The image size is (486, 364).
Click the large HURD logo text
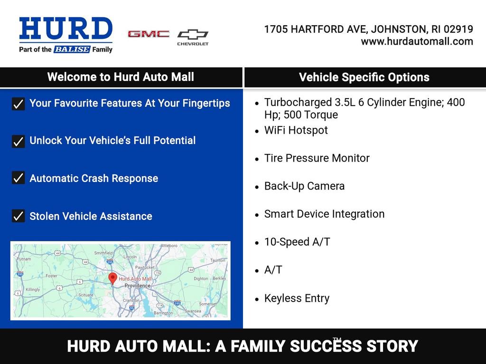click(65, 29)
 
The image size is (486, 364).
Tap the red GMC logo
click(149, 34)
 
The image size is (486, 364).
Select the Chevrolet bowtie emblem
click(193, 35)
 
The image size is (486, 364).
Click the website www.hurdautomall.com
click(417, 41)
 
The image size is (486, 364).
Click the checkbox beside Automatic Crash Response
click(18, 178)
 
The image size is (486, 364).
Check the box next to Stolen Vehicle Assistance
click(18, 216)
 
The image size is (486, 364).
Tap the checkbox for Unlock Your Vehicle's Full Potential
click(18, 141)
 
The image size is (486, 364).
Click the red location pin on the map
click(112, 278)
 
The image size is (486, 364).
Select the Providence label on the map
click(137, 286)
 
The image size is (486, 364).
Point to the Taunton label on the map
click(217, 260)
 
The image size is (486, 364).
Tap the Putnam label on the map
click(24, 259)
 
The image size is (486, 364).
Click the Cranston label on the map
click(131, 300)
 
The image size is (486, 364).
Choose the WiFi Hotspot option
click(296, 130)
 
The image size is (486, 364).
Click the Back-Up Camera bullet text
click(304, 186)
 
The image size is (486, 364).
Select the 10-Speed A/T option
click(297, 242)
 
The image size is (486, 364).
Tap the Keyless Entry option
click(297, 299)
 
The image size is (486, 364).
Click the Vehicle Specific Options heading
click(364, 78)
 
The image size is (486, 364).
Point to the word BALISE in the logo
click(72, 49)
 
